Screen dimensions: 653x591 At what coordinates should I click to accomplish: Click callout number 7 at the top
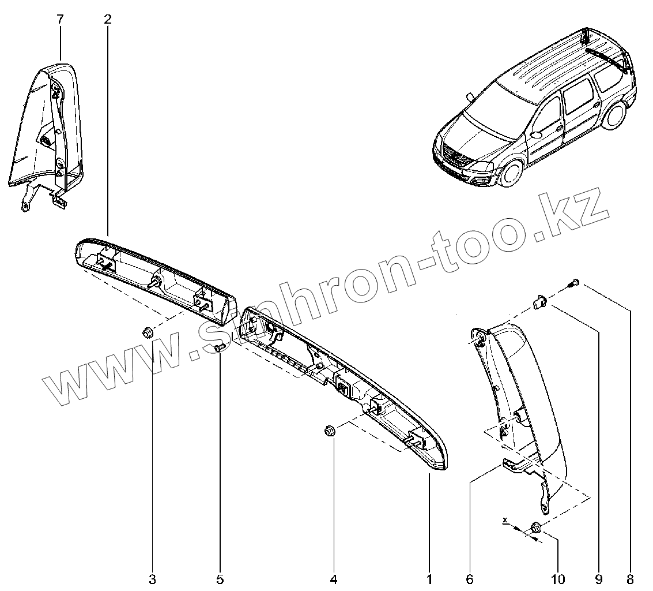coord(61,19)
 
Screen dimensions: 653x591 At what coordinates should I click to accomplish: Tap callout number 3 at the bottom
coord(152,579)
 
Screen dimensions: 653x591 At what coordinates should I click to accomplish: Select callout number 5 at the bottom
coord(220,579)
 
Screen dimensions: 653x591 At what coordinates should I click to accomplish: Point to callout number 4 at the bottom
coord(333,579)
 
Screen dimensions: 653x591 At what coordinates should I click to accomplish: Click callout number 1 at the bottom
coord(429,579)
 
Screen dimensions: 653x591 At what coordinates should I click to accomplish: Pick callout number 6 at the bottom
coord(470,579)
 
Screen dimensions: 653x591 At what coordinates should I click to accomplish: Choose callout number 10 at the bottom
coord(558,579)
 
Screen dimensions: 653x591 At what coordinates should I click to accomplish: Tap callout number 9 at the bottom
coord(598,579)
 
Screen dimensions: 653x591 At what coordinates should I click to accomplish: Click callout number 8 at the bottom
coord(630,579)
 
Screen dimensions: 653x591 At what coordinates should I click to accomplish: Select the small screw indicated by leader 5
coord(220,347)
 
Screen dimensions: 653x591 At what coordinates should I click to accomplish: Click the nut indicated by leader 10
coord(535,528)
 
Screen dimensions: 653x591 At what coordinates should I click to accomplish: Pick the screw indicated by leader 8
coord(574,283)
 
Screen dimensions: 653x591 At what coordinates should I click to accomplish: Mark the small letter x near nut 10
coord(505,520)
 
